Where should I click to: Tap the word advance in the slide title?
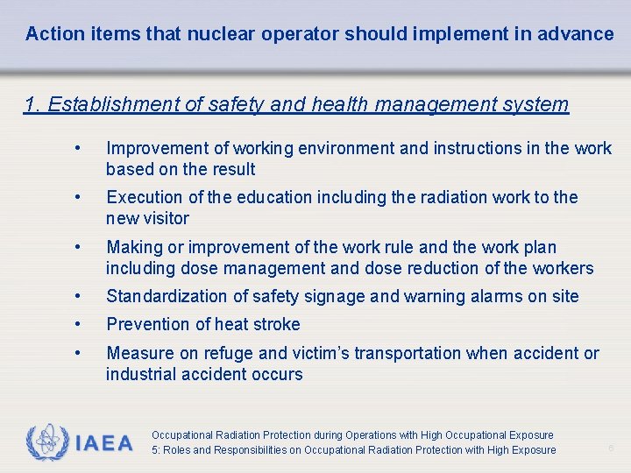(578, 34)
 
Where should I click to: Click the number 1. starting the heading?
(33, 105)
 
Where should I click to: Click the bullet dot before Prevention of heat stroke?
(79, 324)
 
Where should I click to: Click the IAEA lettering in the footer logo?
(103, 443)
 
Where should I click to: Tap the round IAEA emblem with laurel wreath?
(46, 442)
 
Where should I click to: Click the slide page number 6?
(612, 448)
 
